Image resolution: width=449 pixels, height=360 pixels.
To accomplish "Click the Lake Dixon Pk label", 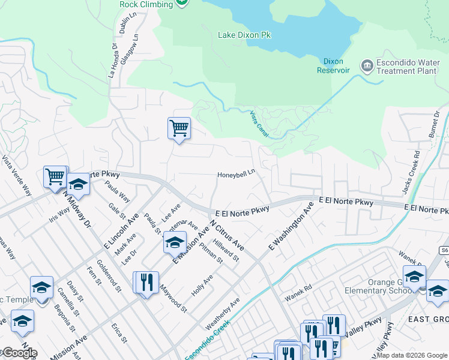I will pyautogui.click(x=244, y=35).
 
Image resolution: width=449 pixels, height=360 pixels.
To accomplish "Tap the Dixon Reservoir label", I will pyautogui.click(x=333, y=65).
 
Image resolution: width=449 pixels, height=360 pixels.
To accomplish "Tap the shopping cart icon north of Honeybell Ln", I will pyautogui.click(x=179, y=128).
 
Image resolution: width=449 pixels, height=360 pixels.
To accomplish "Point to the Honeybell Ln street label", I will pyautogui.click(x=236, y=175).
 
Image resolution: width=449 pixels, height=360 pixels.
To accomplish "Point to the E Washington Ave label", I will pyautogui.click(x=291, y=227).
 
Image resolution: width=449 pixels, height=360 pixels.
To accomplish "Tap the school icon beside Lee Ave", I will pyautogui.click(x=175, y=242).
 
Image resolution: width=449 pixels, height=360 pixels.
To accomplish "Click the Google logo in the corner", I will pyautogui.click(x=19, y=353).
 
